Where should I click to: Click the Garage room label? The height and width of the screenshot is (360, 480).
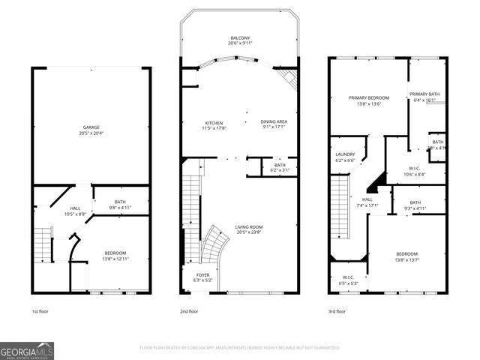(x=91, y=127)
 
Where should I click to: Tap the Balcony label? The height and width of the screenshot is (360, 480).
(x=241, y=37)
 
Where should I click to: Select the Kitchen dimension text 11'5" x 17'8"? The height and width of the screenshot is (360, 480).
(x=214, y=128)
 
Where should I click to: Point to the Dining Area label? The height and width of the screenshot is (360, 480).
(x=274, y=122)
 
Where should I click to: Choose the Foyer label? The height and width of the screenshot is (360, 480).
(x=202, y=275)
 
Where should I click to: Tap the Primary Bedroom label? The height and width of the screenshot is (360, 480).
(x=368, y=98)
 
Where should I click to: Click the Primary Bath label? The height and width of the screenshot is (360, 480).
(x=424, y=94)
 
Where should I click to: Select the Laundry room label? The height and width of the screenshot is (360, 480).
(x=344, y=154)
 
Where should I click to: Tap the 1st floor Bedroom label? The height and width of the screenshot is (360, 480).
(x=115, y=253)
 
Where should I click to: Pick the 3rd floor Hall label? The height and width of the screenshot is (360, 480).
(x=367, y=199)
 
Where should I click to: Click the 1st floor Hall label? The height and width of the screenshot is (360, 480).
(x=75, y=208)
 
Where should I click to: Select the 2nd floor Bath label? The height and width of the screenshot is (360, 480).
(x=280, y=165)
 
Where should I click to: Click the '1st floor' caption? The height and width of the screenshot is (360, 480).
(x=40, y=311)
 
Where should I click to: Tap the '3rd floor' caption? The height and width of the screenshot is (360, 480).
(x=337, y=311)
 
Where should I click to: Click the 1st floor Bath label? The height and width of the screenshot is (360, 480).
(x=121, y=201)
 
